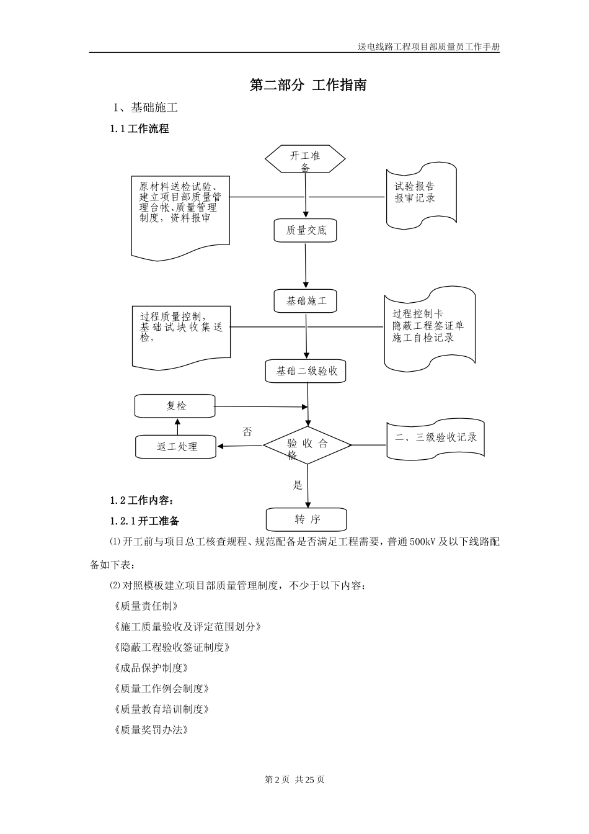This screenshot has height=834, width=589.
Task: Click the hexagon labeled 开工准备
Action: (306, 159)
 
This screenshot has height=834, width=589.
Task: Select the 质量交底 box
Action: (306, 230)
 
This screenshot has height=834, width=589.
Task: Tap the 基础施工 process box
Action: (306, 301)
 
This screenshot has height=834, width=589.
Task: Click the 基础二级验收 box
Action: (306, 371)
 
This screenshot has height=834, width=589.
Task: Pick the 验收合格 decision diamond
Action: (307, 446)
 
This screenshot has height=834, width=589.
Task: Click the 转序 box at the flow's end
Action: (306, 519)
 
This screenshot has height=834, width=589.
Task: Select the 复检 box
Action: (175, 406)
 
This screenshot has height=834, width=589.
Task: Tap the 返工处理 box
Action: (176, 447)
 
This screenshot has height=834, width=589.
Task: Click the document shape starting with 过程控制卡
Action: (429, 326)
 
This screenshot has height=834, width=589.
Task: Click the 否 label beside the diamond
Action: (247, 432)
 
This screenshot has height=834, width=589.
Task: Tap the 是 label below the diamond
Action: (298, 485)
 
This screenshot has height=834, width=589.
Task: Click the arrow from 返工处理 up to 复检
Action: (177, 426)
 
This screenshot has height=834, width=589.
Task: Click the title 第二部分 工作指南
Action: (308, 86)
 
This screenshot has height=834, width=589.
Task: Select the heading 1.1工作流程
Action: (139, 129)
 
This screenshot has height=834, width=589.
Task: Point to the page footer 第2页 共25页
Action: (294, 779)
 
